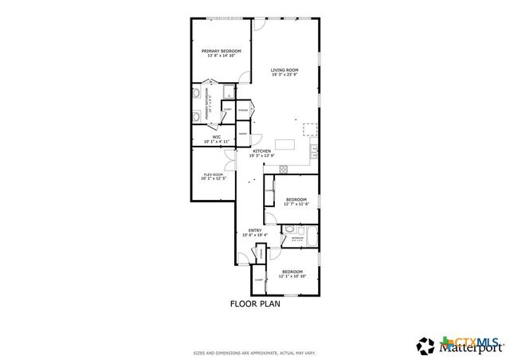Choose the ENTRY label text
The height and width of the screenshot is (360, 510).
(x=254, y=232)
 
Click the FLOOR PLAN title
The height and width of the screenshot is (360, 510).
(x=255, y=303)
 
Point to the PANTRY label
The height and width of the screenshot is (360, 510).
(x=241, y=134)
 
